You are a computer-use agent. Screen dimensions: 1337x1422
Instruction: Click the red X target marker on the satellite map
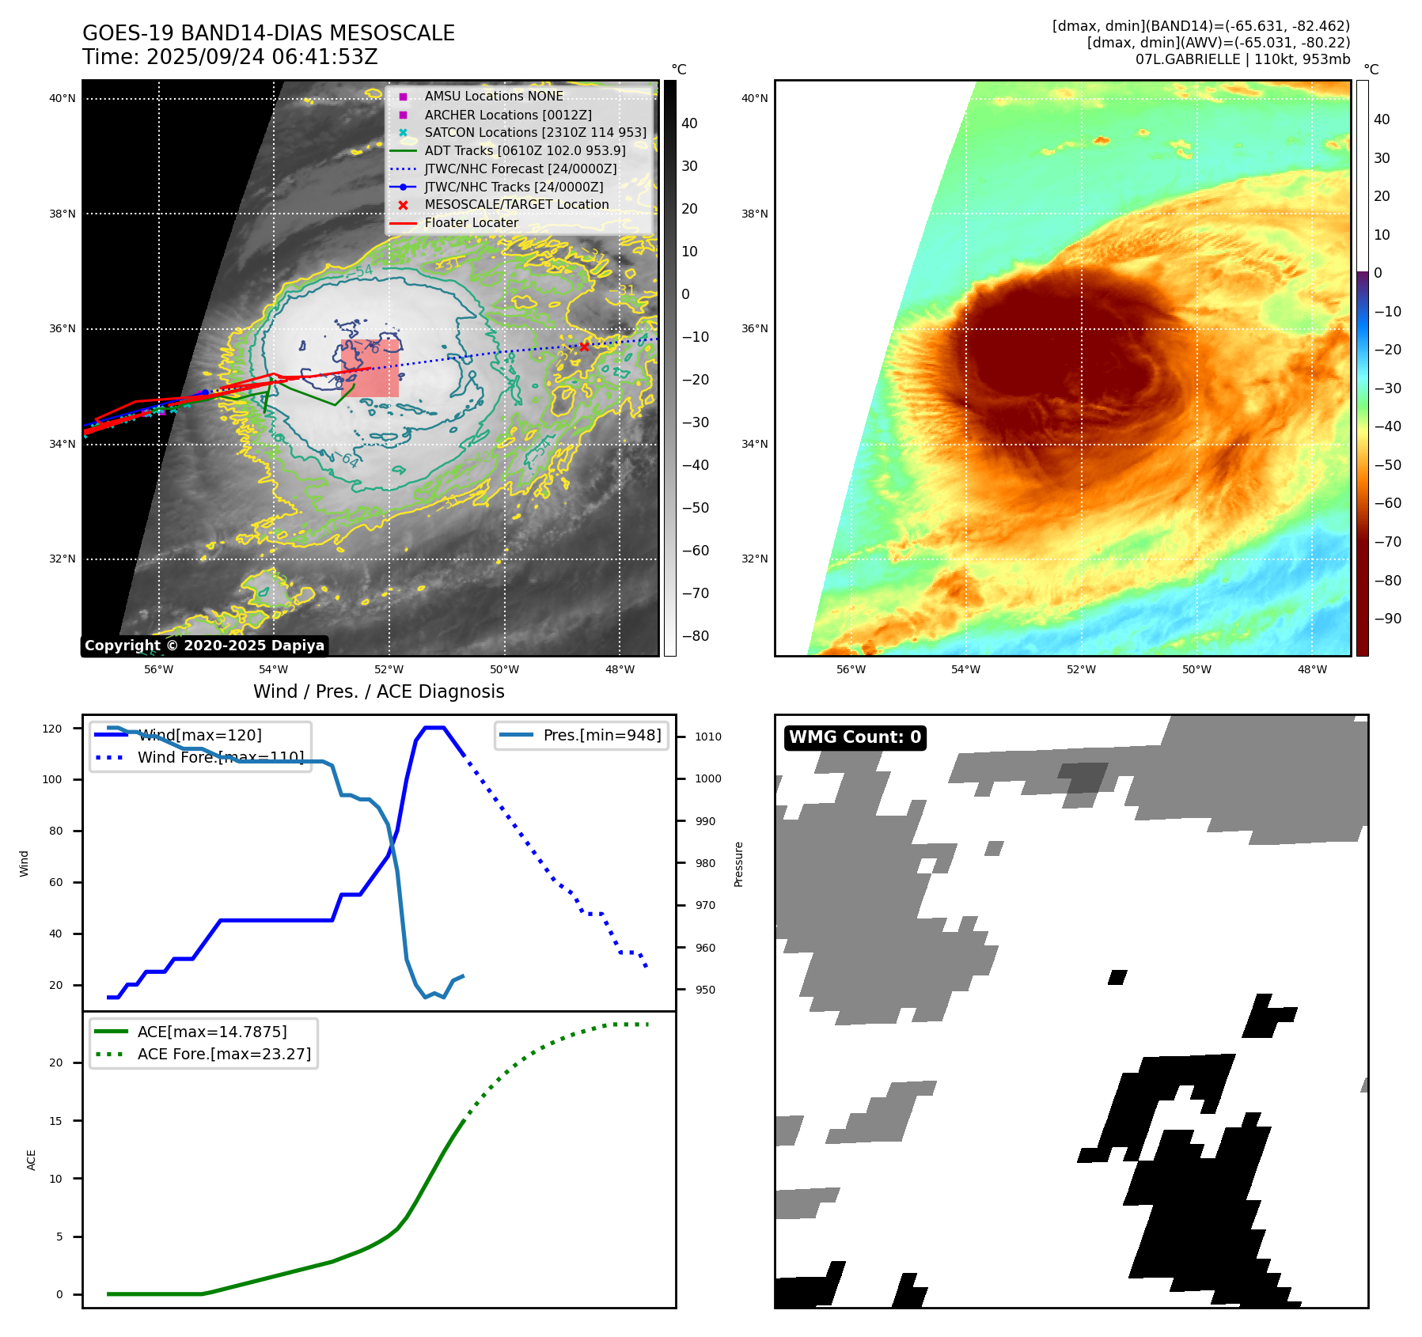point(584,347)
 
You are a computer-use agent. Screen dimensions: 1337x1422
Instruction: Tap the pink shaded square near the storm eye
point(370,369)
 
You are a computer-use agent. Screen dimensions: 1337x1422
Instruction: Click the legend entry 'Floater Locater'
point(471,223)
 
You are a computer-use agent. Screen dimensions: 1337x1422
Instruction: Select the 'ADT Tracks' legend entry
point(525,150)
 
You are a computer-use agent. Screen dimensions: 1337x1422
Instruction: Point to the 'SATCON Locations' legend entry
point(535,133)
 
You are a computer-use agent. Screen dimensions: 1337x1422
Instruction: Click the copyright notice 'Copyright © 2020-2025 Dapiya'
point(204,646)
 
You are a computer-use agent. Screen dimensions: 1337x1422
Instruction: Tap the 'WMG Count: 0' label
point(855,737)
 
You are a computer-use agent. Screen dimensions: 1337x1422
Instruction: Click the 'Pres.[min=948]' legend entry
point(601,735)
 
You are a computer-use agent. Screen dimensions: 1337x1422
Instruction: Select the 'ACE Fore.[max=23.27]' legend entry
point(224,1054)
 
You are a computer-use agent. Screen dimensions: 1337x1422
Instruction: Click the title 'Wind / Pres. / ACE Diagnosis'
point(378,691)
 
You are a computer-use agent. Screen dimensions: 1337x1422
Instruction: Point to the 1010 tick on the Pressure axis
point(707,737)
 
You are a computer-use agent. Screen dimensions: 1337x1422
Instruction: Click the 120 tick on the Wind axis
point(52,729)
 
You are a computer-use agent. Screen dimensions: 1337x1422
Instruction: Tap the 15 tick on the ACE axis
point(55,1121)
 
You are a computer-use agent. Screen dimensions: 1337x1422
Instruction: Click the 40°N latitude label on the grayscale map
point(63,99)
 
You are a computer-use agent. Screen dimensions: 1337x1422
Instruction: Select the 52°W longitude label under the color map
point(1081,670)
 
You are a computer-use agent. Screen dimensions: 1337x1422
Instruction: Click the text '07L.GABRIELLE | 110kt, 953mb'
point(1242,59)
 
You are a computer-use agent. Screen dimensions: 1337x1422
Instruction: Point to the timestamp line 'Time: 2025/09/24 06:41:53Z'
point(230,57)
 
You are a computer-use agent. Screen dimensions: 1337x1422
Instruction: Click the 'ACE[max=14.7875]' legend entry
point(211,1032)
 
